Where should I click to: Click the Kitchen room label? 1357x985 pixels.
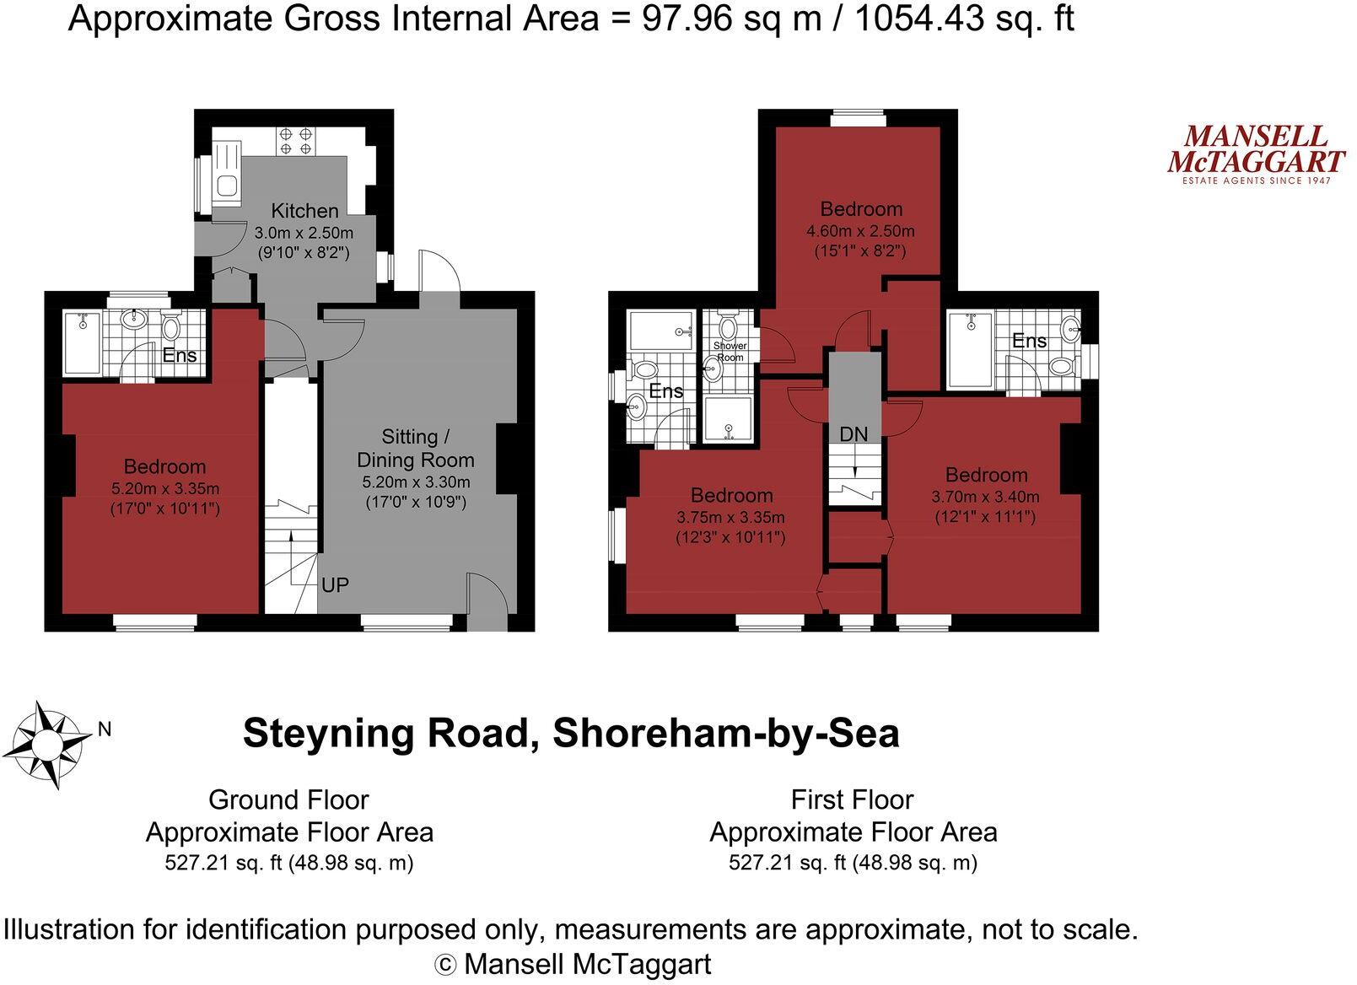pyautogui.click(x=304, y=211)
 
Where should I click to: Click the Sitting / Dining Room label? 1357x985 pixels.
pyautogui.click(x=415, y=448)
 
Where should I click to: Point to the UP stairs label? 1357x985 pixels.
pyautogui.click(x=335, y=584)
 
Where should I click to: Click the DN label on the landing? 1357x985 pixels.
pyautogui.click(x=854, y=434)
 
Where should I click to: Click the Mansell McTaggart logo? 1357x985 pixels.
pyautogui.click(x=1255, y=154)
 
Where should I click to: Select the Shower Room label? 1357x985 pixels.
pyautogui.click(x=730, y=352)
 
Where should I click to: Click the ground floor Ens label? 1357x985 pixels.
pyautogui.click(x=180, y=355)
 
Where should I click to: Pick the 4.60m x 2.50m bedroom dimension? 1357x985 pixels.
pyautogui.click(x=860, y=231)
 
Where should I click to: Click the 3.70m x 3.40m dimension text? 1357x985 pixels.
pyautogui.click(x=985, y=497)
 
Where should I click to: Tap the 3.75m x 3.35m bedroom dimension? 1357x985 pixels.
pyautogui.click(x=730, y=517)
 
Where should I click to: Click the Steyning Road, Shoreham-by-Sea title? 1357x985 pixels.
pyautogui.click(x=571, y=733)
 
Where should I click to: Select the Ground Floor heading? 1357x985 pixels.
pyautogui.click(x=288, y=799)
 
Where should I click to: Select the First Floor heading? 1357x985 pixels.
pyautogui.click(x=852, y=799)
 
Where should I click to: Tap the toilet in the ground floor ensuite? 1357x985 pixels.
pyautogui.click(x=171, y=326)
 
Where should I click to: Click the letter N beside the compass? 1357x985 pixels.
pyautogui.click(x=105, y=729)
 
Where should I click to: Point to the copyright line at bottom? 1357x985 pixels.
pyautogui.click(x=573, y=963)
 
